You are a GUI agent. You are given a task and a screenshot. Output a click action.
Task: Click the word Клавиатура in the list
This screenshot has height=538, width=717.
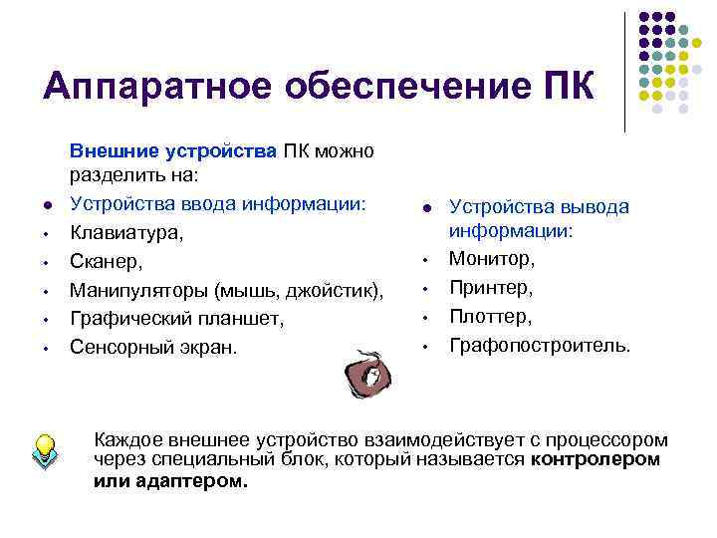[x=119, y=233]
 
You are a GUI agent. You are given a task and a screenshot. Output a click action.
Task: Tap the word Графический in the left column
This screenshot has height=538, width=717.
[x=124, y=319]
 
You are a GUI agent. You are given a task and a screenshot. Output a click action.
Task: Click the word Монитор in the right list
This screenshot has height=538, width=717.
[x=491, y=259]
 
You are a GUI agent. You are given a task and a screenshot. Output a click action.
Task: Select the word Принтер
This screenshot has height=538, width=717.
[x=491, y=288]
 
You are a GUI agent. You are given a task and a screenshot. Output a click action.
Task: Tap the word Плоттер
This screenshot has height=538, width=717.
[x=490, y=317]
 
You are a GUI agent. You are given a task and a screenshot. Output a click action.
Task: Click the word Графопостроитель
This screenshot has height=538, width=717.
[x=539, y=346]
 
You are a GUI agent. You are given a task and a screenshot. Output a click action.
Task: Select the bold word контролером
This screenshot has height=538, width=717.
[x=596, y=459]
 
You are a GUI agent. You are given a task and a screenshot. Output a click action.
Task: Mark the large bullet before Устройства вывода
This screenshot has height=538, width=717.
[x=425, y=208]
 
